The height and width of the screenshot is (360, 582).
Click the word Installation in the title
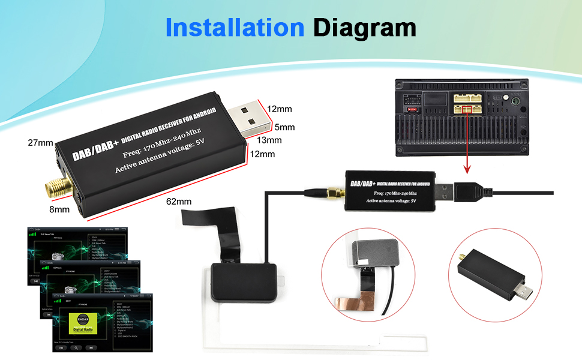click(234, 28)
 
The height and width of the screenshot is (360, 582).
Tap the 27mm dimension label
click(40, 143)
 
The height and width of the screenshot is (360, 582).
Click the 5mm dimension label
click(285, 127)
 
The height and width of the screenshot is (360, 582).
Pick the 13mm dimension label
click(269, 140)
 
